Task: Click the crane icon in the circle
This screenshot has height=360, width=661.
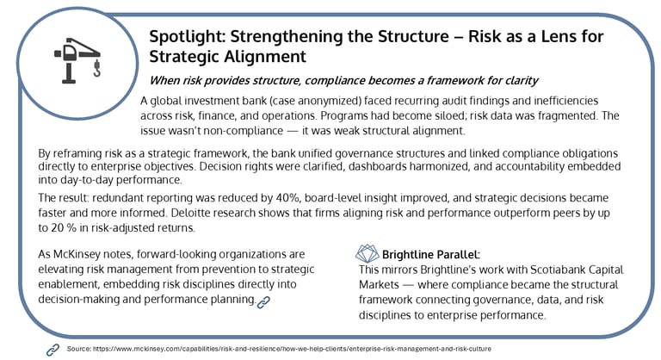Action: (77, 60)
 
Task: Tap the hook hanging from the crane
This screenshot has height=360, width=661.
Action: (97, 69)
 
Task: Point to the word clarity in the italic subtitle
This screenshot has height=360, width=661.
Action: (522, 81)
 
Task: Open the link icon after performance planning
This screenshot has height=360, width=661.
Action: (263, 302)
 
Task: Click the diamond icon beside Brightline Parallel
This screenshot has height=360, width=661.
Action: (368, 253)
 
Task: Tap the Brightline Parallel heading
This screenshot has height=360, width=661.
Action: (431, 254)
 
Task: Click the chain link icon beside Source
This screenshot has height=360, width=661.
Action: (53, 350)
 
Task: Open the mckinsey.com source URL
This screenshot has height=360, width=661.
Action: (292, 349)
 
